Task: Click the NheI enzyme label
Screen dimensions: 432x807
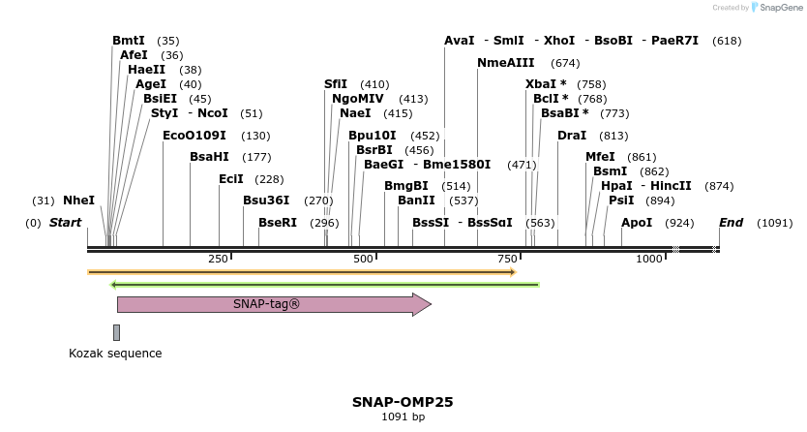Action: point(78,201)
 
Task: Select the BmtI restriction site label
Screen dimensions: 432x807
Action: point(128,41)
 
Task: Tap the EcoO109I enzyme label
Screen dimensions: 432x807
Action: point(194,136)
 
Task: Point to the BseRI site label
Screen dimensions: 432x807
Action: point(278,223)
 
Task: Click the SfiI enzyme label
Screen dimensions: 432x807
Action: point(336,84)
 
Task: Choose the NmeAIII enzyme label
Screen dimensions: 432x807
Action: point(508,63)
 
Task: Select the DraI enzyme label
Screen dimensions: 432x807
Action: point(572,136)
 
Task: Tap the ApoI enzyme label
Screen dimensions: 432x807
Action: point(637,223)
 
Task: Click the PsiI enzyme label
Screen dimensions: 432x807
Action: point(621,201)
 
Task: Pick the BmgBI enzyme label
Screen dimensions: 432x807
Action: point(406,186)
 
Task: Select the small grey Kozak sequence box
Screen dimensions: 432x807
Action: point(117,332)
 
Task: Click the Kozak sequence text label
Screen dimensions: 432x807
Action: point(115,354)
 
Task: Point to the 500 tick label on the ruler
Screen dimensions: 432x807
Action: point(364,259)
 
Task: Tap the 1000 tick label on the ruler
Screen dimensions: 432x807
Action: point(648,259)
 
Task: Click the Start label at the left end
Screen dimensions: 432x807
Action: point(65,223)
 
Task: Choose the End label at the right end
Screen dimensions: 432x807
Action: point(731,223)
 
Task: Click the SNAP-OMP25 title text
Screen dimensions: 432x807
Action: point(403,401)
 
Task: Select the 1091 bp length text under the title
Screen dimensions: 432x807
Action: point(403,417)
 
